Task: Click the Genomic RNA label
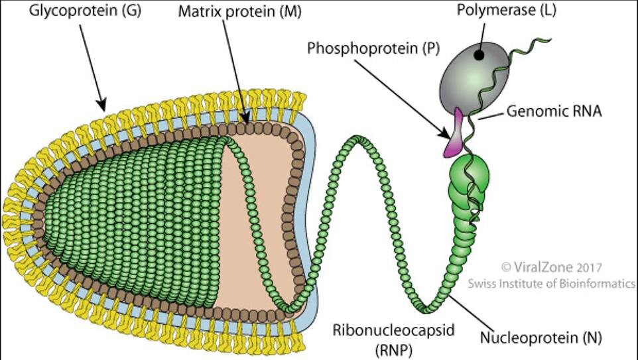pos(554,111)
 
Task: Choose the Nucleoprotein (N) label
pos(541,337)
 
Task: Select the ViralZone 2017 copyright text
pos(552,267)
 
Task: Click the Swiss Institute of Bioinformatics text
pos(552,283)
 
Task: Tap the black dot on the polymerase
pos(478,56)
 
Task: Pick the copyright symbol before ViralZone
pos(506,267)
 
